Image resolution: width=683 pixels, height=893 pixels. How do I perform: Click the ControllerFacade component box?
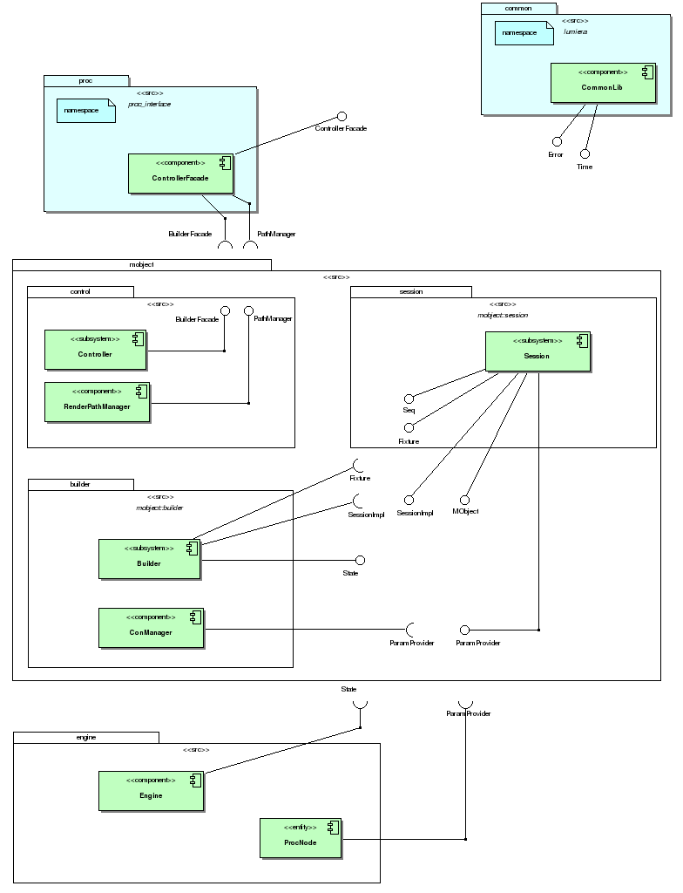[x=181, y=174]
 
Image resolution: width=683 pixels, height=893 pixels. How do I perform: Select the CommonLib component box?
[x=603, y=83]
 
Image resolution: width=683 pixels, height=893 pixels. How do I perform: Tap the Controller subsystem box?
[x=96, y=350]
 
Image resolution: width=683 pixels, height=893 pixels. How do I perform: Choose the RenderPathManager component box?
[x=98, y=401]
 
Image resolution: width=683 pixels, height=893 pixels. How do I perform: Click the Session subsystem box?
[x=538, y=351]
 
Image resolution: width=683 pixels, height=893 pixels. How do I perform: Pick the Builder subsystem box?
[x=150, y=559]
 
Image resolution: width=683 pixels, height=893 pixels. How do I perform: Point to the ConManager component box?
[x=151, y=628]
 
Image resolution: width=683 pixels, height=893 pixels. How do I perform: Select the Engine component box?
[x=151, y=791]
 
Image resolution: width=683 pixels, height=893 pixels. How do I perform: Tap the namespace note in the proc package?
[x=86, y=111]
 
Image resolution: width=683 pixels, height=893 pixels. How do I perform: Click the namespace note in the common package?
[x=524, y=33]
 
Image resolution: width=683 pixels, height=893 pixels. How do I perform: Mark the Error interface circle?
[x=556, y=141]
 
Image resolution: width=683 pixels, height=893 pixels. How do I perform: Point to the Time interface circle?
[x=585, y=153]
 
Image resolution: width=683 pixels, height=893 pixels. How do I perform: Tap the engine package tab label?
[x=85, y=737]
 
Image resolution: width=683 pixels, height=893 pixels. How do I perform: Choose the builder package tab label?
[x=80, y=483]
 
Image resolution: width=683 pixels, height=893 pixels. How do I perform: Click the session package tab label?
[x=410, y=291]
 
